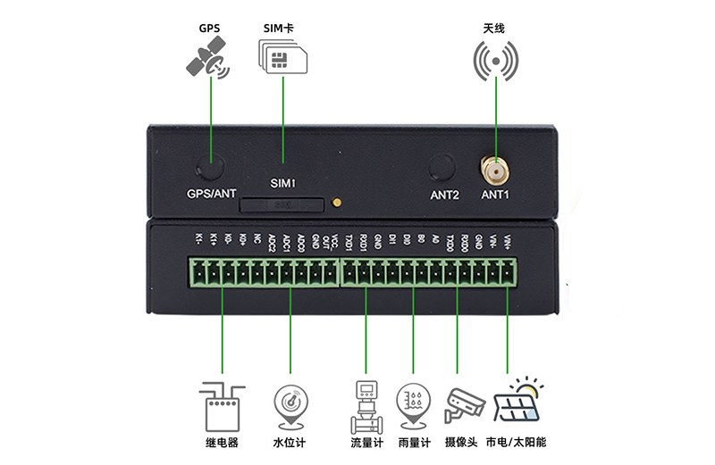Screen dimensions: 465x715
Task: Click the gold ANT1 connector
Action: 494,169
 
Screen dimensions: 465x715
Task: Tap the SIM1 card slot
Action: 282,205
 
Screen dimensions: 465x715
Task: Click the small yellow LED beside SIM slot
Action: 336,203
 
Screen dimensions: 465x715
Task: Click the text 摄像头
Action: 462,443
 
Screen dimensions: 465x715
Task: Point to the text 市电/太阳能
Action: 516,443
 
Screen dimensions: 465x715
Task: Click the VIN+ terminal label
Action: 509,241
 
